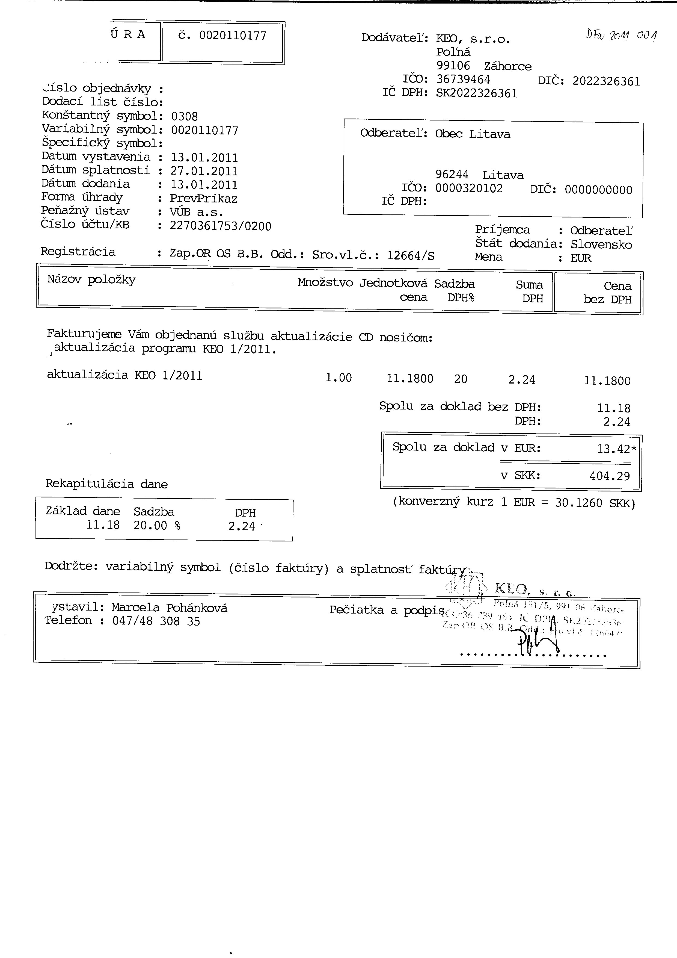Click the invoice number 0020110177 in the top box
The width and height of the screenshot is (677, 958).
232,36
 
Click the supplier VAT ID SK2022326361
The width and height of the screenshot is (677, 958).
476,93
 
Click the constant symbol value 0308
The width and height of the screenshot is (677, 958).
184,116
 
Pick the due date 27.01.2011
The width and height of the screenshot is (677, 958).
204,171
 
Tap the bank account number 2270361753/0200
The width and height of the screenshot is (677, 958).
220,226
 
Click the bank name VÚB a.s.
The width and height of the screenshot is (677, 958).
196,212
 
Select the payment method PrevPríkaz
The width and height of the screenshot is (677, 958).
203,199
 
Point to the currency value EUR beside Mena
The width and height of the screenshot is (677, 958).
581,258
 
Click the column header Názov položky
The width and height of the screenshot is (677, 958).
91,279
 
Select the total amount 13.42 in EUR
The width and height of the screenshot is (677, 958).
613,449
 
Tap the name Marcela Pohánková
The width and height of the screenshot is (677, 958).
169,608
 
